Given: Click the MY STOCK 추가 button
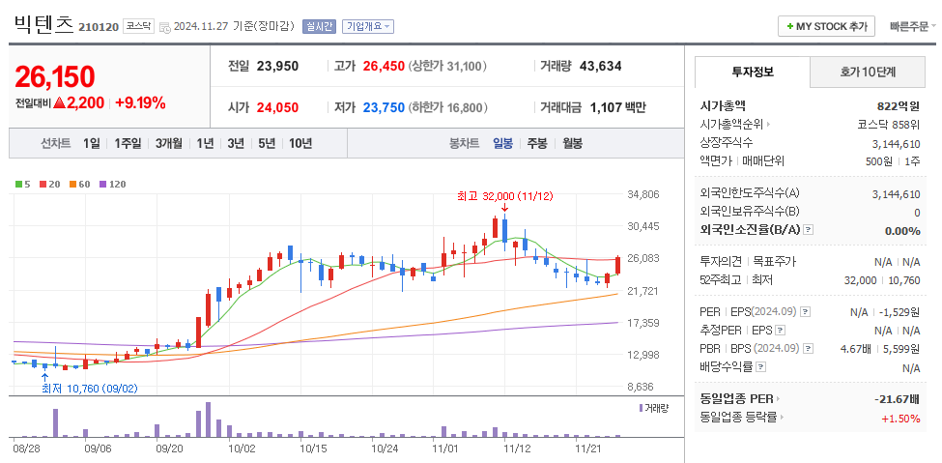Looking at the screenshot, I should (826, 26).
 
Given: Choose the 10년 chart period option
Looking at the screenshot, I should (300, 143).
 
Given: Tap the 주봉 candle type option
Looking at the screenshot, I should (537, 143).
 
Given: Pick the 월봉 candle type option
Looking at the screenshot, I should (572, 143).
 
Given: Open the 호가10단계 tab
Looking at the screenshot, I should (868, 72).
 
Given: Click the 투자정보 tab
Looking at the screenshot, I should (753, 72).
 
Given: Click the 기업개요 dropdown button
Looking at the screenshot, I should (368, 26).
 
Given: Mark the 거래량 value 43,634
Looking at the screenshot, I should (600, 67).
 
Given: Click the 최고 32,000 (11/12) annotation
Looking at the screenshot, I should (504, 196).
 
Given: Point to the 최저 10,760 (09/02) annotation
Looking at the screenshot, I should (89, 390).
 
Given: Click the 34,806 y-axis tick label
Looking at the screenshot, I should (643, 194).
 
